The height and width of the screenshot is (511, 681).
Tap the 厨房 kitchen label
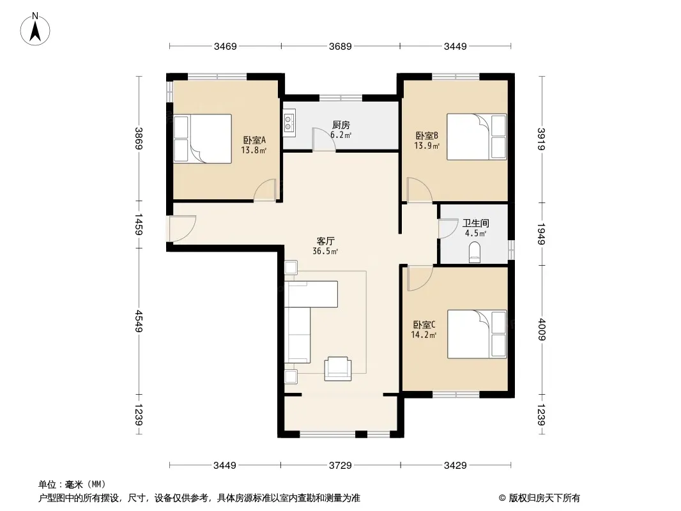point(341,125)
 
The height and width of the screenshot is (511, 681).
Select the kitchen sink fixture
point(289,123)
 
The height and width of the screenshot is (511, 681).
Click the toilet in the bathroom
point(475,252)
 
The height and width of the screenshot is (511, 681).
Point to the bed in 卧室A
point(203,139)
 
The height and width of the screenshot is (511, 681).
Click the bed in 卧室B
point(477,137)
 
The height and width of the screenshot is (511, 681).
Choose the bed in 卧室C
point(477,334)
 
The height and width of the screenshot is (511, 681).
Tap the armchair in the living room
point(338,369)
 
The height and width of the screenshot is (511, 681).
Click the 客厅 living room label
point(325,241)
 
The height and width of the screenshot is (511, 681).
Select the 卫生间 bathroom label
point(475,223)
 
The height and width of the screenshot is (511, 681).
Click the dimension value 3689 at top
point(340,46)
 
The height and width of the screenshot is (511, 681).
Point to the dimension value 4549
point(139,321)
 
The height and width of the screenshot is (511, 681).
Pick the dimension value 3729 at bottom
point(340,466)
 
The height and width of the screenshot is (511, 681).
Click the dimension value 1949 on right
point(541,234)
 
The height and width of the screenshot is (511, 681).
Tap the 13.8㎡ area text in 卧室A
point(254,150)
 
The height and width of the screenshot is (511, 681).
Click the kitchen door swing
point(323,139)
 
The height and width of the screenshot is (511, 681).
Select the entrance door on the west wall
point(181,229)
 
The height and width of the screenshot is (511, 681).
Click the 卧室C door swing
point(420,278)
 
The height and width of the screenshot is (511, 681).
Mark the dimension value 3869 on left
point(139,138)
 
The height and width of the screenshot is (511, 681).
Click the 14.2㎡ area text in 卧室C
point(424,335)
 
